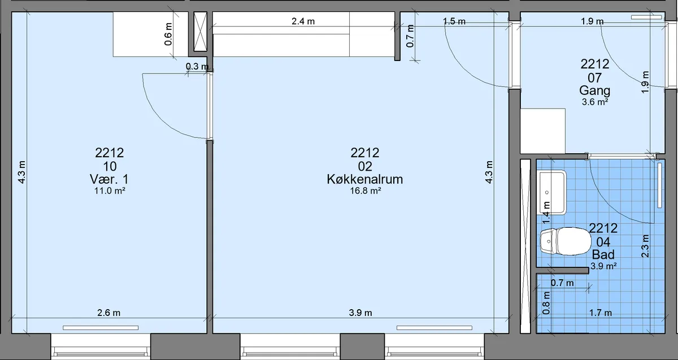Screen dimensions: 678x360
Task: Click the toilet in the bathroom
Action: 566,241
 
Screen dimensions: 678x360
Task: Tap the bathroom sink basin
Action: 551,192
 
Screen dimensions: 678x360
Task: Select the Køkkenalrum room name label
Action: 365,179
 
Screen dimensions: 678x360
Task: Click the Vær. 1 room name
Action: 109,179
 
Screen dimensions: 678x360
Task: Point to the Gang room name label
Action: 594,90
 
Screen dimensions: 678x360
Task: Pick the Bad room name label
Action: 603,255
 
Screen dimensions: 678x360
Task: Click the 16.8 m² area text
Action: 366,191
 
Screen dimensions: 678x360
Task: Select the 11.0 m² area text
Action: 110,191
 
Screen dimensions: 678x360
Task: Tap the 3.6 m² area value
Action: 595,102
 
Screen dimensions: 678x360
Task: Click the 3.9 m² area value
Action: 603,266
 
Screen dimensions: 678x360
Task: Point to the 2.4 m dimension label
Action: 303,21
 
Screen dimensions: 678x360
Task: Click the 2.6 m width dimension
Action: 108,313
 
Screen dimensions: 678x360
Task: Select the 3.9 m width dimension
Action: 360,313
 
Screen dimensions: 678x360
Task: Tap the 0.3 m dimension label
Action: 197,66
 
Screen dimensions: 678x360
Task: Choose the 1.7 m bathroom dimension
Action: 600,313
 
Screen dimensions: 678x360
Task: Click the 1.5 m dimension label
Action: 454,21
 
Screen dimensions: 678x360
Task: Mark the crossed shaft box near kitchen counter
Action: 200,32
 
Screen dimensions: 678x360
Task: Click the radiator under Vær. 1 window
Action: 101,328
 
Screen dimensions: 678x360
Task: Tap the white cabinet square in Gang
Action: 543,131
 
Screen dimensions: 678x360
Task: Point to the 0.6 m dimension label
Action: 168,34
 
